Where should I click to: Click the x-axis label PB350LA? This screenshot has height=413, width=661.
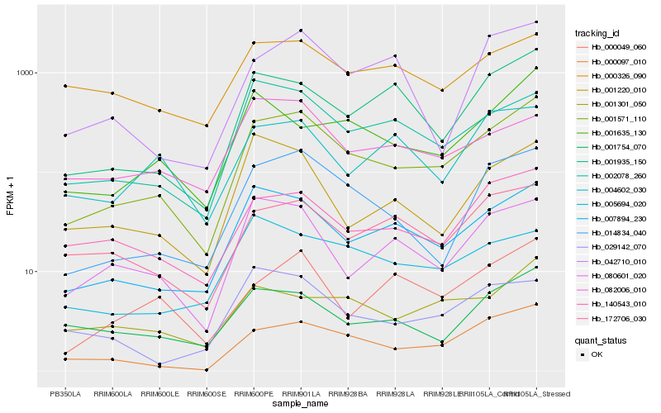click(x=66, y=394)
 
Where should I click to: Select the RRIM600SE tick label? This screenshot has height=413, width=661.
click(x=207, y=394)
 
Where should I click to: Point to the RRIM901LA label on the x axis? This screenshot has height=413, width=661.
click(x=301, y=394)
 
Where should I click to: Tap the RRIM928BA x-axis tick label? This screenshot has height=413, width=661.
click(x=348, y=394)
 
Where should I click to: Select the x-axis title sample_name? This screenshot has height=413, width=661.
click(x=301, y=405)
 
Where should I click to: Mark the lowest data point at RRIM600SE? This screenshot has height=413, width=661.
click(x=207, y=370)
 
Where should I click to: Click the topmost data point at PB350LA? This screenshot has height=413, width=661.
click(x=66, y=86)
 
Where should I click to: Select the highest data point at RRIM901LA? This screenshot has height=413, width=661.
click(x=301, y=31)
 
